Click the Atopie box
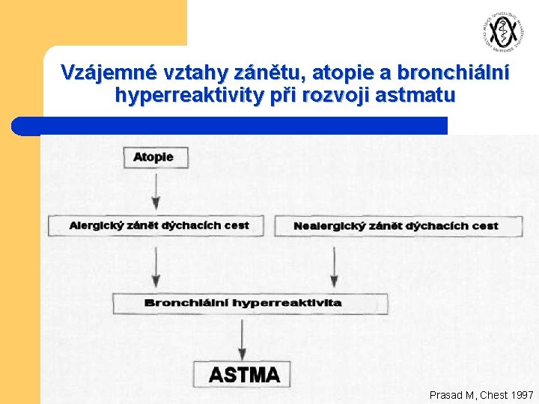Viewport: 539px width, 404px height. coord(154,157)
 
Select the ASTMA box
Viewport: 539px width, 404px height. coord(244,374)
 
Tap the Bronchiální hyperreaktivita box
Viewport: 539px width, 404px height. coord(250,303)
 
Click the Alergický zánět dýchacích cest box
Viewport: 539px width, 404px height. coord(156,225)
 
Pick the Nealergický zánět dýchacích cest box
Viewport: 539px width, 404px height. coord(398,226)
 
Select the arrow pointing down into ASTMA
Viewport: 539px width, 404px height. coord(242,337)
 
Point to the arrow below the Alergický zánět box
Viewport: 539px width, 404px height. coord(155,265)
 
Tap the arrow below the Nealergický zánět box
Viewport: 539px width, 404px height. coord(333,265)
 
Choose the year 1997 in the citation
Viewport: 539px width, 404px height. coord(521,394)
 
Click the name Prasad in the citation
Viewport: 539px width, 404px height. coord(447,394)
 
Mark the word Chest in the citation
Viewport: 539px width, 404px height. coord(492,394)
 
